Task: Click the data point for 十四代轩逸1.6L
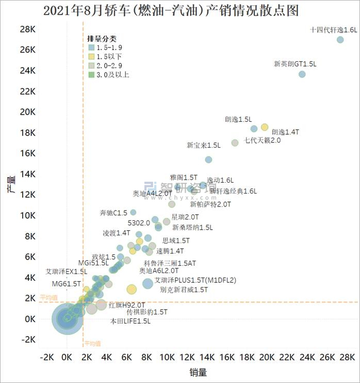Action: (x=340, y=40)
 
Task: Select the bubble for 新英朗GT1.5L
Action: (x=302, y=74)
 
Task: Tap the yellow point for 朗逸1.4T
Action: (x=265, y=127)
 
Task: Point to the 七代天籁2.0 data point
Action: (x=235, y=142)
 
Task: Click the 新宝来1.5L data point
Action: (x=208, y=159)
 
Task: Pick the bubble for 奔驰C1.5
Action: (x=133, y=212)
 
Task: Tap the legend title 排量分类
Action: (x=102, y=38)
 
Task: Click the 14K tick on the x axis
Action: (x=207, y=357)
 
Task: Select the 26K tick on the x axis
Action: (x=327, y=357)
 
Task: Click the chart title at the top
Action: (x=171, y=10)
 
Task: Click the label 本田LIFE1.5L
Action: (x=130, y=321)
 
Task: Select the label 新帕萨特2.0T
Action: (x=210, y=204)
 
